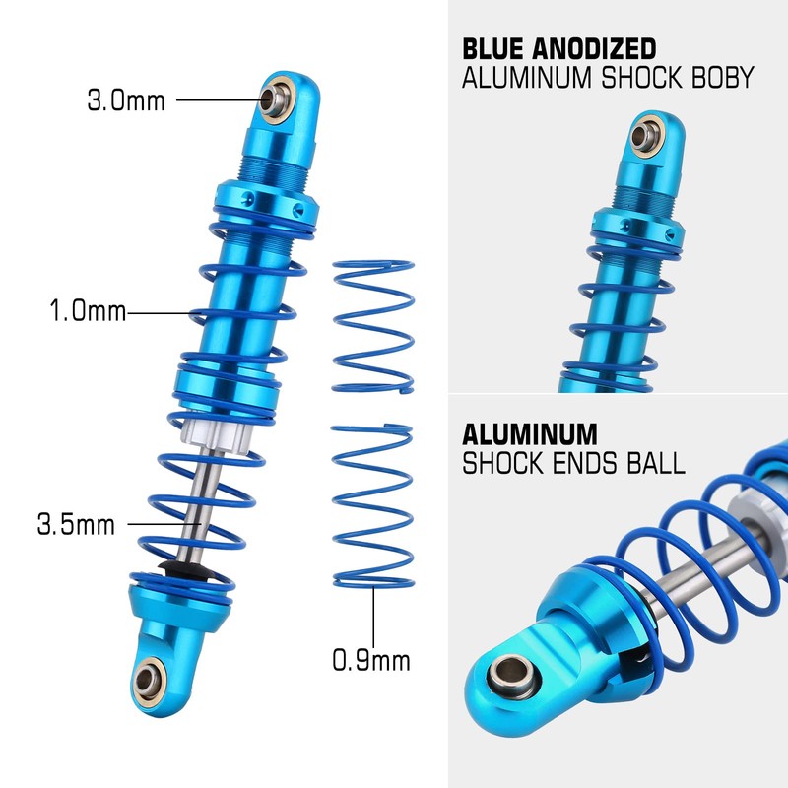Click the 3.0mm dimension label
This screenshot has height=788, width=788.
pyautogui.click(x=126, y=99)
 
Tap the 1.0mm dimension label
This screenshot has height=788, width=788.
pyautogui.click(x=89, y=312)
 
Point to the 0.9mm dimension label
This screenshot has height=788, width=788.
pyautogui.click(x=370, y=660)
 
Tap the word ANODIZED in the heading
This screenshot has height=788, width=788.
pyautogui.click(x=598, y=48)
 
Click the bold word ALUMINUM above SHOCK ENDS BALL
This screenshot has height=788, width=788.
pyautogui.click(x=530, y=433)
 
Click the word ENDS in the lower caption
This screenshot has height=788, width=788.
pyautogui.click(x=583, y=463)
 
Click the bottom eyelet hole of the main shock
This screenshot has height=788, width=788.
pyautogui.click(x=151, y=677)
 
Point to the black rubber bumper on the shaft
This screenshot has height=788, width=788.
pyautogui.click(x=180, y=570)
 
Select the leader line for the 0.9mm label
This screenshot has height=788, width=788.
pyautogui.click(x=373, y=616)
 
